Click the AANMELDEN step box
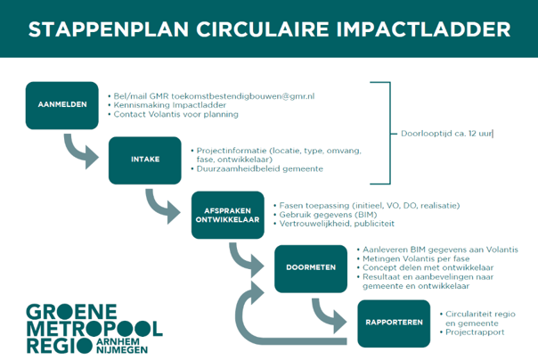tap(61, 105)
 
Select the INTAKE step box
tap(144, 160)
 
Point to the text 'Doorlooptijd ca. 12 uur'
tap(441, 134)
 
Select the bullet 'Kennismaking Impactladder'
tap(169, 104)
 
